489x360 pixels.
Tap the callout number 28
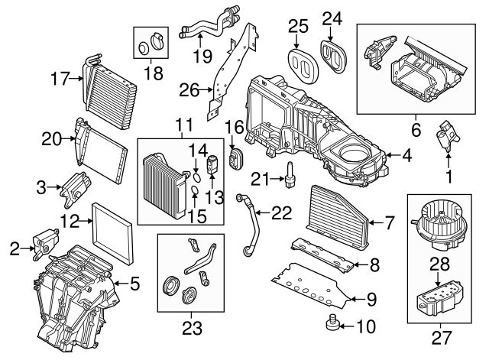pos(438,264)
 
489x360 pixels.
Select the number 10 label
pos(365,328)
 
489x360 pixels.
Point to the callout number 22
pos(283,214)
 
